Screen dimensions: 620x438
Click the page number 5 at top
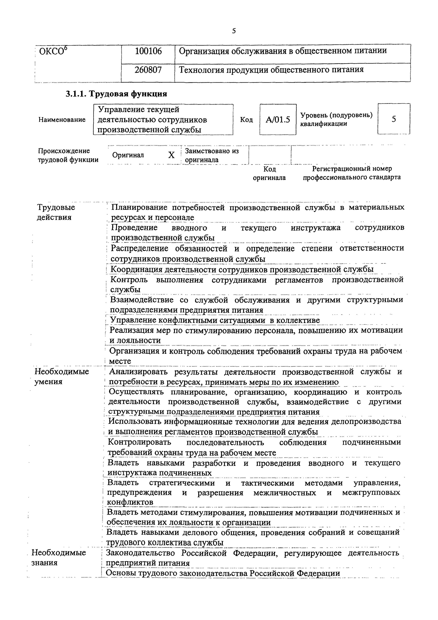pyautogui.click(x=234, y=31)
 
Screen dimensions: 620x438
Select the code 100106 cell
pyautogui.click(x=148, y=51)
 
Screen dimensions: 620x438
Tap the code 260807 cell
pyautogui.click(x=148, y=70)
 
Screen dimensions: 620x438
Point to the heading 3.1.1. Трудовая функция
pyautogui.click(x=116, y=94)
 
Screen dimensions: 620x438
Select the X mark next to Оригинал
pyautogui.click(x=171, y=155)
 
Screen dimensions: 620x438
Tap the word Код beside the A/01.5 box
pyautogui.click(x=246, y=120)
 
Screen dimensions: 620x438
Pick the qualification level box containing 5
pyautogui.click(x=394, y=119)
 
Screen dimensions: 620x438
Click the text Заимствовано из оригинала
pyautogui.click(x=212, y=155)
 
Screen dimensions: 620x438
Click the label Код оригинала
pyautogui.click(x=269, y=173)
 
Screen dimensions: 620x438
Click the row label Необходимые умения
pyautogui.click(x=62, y=376)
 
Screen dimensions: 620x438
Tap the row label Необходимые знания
pyautogui.click(x=59, y=558)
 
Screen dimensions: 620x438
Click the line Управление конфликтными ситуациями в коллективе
pyautogui.click(x=215, y=320)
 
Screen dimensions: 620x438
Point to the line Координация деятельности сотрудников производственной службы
pyautogui.click(x=242, y=269)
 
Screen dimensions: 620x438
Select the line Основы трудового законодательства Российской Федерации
pyautogui.click(x=223, y=573)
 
